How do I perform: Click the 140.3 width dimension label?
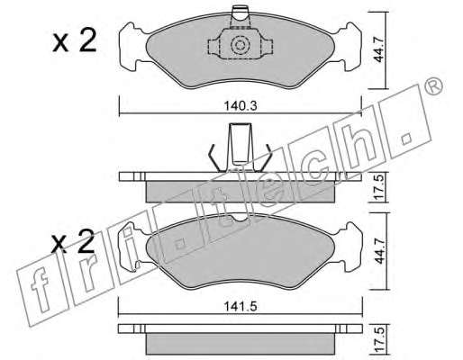[x=241, y=106]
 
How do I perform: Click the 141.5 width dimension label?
[x=241, y=307]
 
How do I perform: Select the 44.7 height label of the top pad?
[x=380, y=49]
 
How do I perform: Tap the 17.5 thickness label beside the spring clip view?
[x=380, y=187]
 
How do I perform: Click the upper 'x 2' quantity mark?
[x=75, y=41]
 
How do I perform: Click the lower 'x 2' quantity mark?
[x=73, y=242]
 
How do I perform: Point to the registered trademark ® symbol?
[x=434, y=86]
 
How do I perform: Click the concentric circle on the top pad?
[x=240, y=45]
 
